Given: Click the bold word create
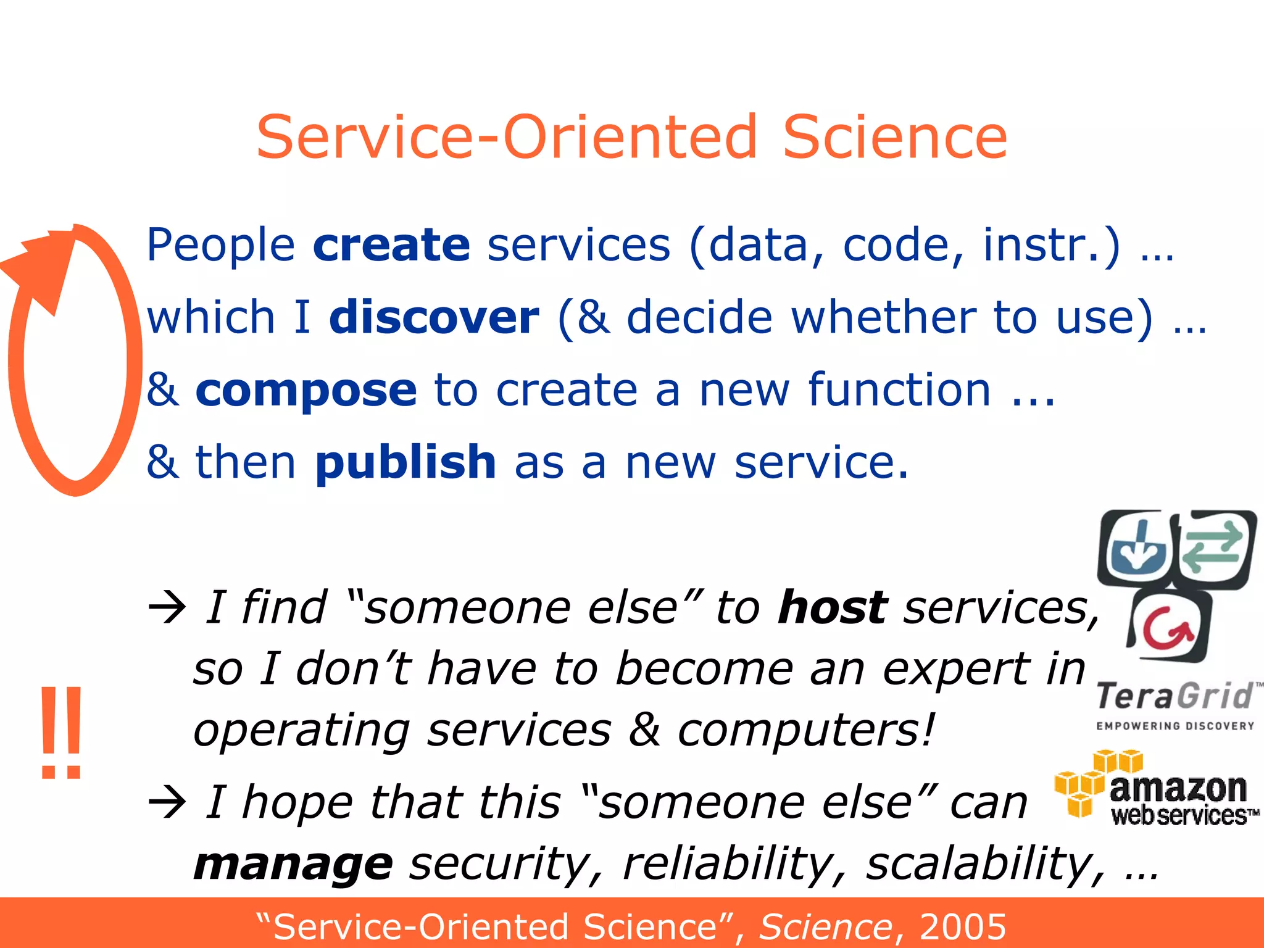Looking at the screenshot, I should (x=391, y=246).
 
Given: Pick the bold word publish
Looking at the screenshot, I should (x=405, y=463).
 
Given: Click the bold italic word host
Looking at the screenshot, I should (x=833, y=608).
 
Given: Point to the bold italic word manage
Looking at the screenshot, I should (x=293, y=864).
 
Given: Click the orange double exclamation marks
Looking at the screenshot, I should (x=61, y=732).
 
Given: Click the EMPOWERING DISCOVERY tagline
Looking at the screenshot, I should (x=1175, y=726).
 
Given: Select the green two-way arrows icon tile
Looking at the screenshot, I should (x=1215, y=546).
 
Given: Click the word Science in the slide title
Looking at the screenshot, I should (x=894, y=137).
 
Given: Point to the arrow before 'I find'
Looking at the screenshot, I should (x=167, y=608).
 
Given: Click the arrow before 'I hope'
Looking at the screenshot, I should (x=167, y=802).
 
